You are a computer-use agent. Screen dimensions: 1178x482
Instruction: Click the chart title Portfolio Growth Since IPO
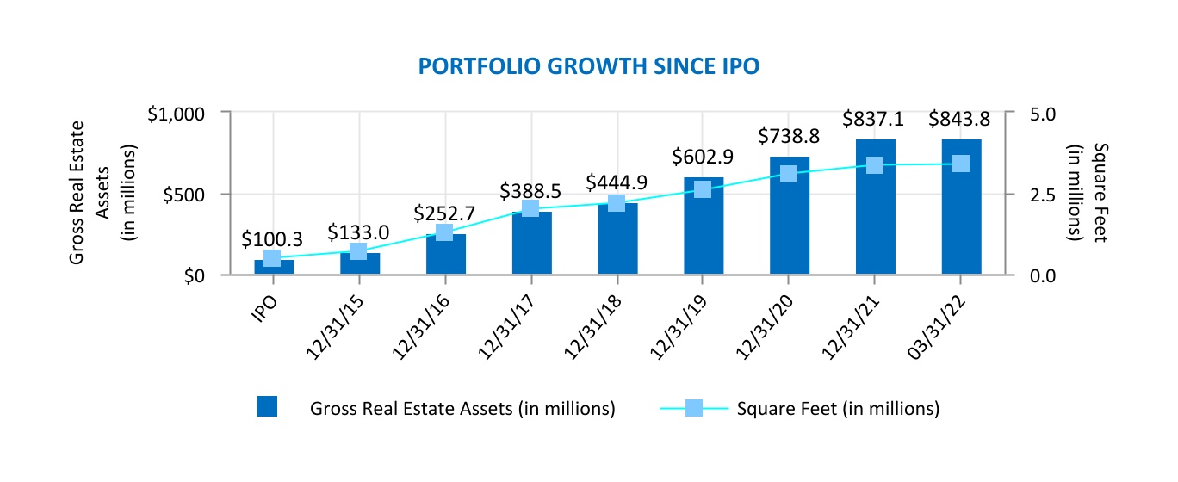pos(588,66)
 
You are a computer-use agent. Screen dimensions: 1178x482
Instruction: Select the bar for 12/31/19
pos(704,226)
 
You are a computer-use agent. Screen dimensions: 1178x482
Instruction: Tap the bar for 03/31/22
pos(961,207)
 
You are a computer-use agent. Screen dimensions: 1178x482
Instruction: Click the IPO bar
pos(274,267)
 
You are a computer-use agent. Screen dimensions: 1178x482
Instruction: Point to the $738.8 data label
pos(788,137)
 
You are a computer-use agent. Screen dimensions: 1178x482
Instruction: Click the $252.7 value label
pos(443,214)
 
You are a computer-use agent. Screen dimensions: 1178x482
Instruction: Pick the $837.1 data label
pos(873,119)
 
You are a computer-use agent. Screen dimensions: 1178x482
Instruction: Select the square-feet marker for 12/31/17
pos(530,208)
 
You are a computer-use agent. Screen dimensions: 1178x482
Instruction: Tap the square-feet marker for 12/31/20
pos(788,174)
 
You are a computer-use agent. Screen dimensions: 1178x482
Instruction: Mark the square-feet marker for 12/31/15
pos(358,251)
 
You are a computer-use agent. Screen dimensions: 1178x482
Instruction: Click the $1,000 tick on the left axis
pos(177,114)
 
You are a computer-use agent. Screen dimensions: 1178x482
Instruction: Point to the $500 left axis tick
pos(184,195)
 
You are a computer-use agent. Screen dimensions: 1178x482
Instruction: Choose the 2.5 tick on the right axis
pos(1042,195)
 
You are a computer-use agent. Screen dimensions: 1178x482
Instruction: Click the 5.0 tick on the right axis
pos(1042,114)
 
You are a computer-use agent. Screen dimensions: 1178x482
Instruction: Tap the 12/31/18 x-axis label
pos(592,327)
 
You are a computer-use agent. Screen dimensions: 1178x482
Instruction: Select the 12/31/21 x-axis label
pos(851,327)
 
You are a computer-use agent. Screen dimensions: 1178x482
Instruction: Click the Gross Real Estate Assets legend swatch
pos(267,407)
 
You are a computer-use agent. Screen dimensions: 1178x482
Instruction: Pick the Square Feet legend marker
pos(694,408)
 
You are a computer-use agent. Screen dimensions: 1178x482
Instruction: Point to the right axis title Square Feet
pos(1100,193)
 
